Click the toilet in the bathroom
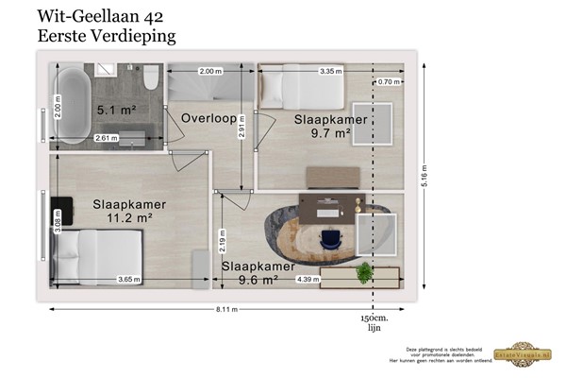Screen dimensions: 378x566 (x=150, y=75)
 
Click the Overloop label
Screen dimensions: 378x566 (x=208, y=120)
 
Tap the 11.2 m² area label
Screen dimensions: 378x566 (x=129, y=216)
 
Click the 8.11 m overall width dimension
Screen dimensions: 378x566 (x=224, y=309)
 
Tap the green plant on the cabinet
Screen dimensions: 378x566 (x=363, y=272)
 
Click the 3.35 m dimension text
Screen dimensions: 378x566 (x=330, y=71)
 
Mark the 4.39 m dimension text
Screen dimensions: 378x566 (x=308, y=280)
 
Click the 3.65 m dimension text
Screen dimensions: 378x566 (x=129, y=280)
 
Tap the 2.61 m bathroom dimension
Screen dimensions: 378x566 (x=107, y=138)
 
